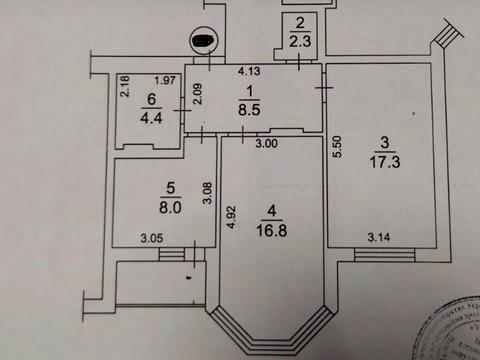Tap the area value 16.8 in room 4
(269, 230)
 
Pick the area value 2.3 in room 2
(298, 41)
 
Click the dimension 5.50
(339, 148)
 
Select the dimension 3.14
(379, 237)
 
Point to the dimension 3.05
(151, 237)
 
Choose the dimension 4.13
(249, 71)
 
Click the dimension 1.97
(165, 80)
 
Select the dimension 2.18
(124, 88)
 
